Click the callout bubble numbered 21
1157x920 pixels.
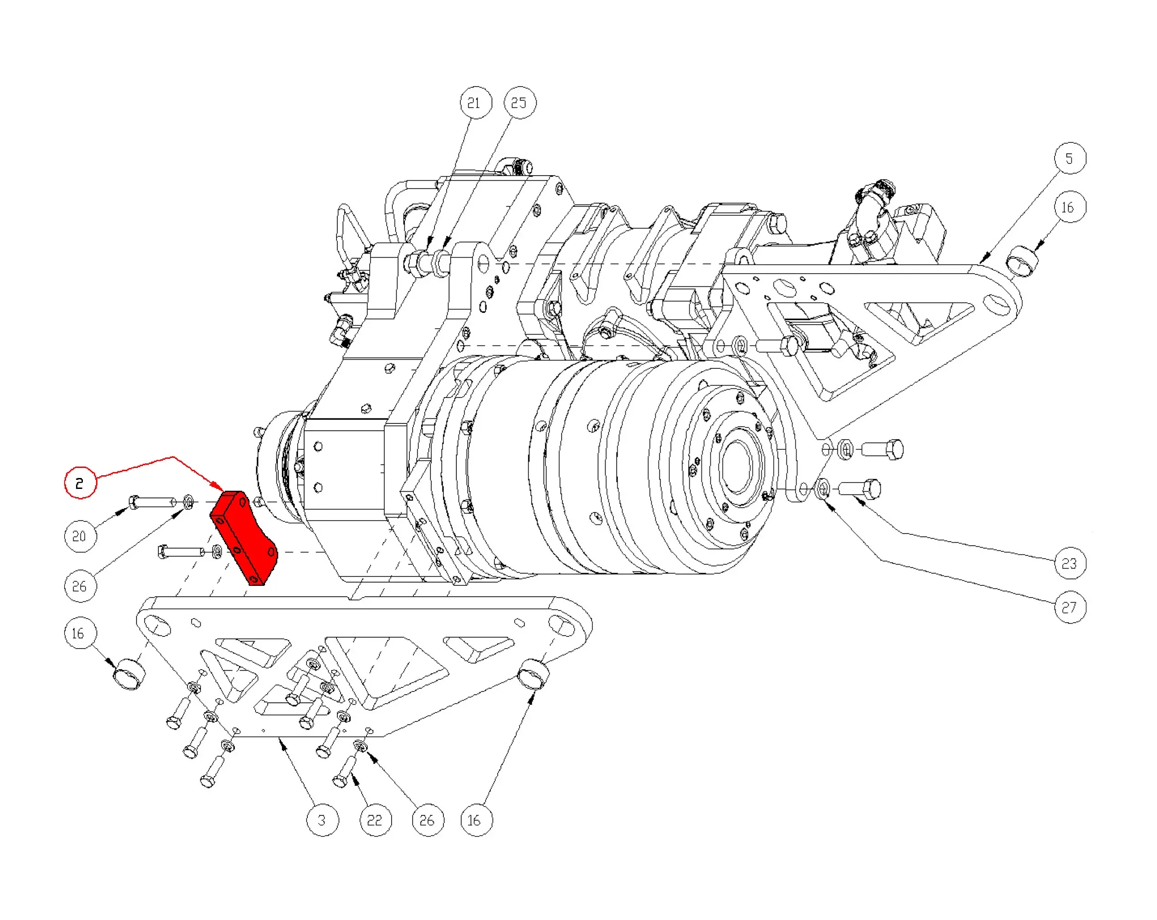(x=475, y=102)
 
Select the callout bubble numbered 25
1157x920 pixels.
(x=520, y=102)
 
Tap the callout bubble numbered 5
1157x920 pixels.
(x=1070, y=158)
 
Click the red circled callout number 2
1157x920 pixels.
(x=80, y=483)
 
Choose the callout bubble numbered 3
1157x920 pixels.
(x=322, y=820)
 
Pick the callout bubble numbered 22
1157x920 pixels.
(x=375, y=820)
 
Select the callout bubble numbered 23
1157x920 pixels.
(x=1070, y=563)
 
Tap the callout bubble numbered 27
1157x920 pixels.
(x=1070, y=607)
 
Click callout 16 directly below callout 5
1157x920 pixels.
(x=1070, y=207)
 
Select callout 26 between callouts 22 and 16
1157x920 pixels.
(x=428, y=820)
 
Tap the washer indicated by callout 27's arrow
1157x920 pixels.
(x=823, y=489)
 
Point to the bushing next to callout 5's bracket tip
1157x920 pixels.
(x=1022, y=261)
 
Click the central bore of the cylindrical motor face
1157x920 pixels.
(x=739, y=465)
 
